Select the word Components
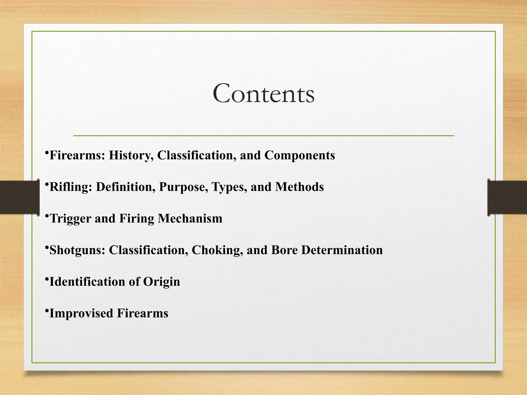300,155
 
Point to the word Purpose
183,187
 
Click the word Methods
299,187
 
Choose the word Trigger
70,219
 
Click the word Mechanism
190,219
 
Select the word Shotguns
77,250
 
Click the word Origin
161,282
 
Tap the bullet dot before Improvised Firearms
47,311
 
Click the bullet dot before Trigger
47,216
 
